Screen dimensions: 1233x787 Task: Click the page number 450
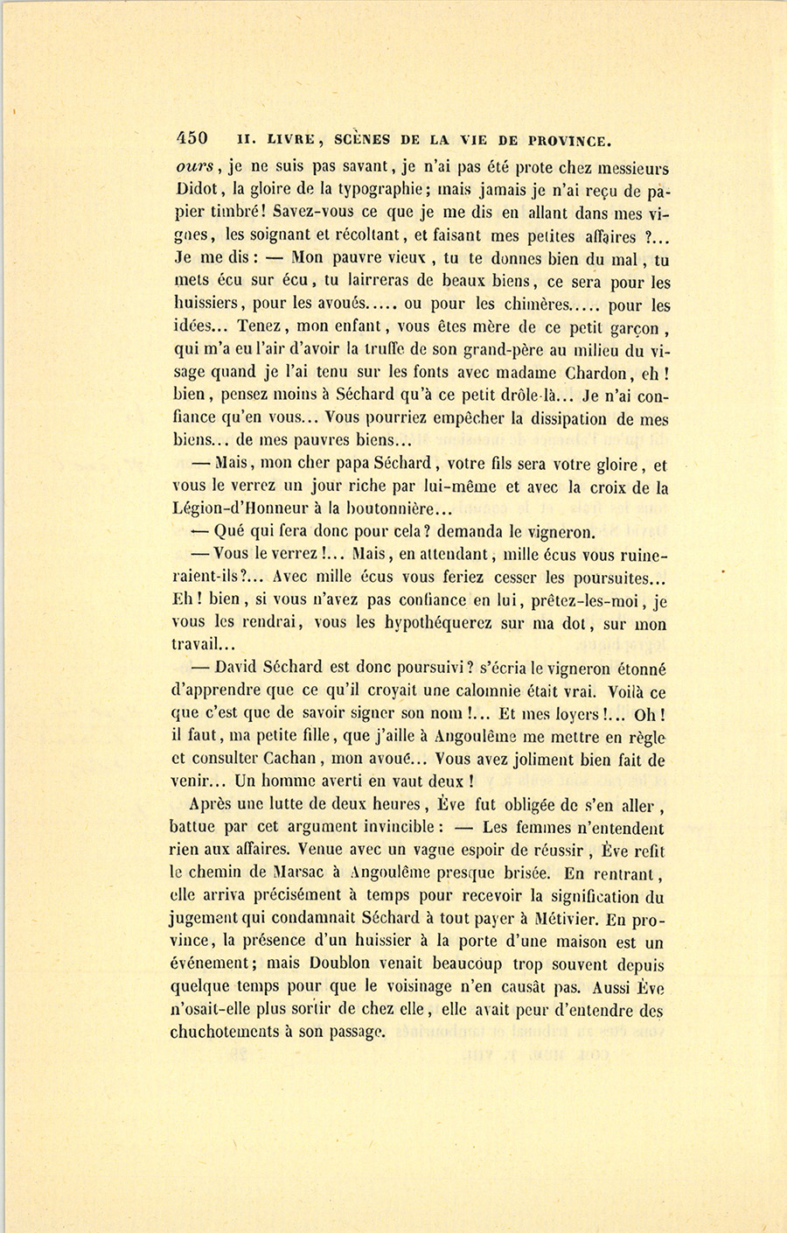pos(192,138)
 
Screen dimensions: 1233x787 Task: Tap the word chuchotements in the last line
pos(223,1032)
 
